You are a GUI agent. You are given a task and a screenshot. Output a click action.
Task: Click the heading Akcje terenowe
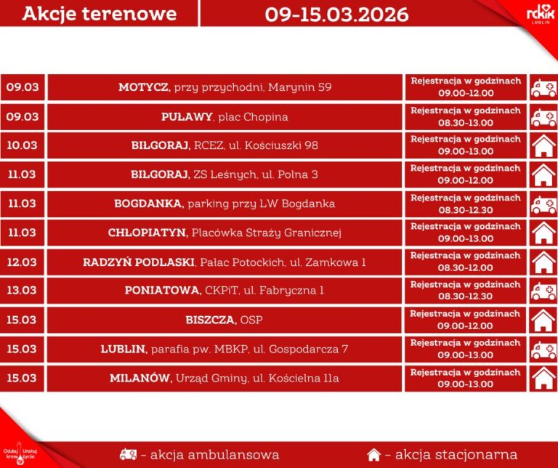pyautogui.click(x=99, y=14)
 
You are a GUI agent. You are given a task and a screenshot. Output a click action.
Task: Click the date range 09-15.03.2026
pyautogui.click(x=336, y=14)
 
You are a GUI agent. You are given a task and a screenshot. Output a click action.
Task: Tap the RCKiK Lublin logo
pyautogui.click(x=540, y=13)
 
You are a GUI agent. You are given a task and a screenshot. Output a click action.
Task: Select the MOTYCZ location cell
pyautogui.click(x=225, y=87)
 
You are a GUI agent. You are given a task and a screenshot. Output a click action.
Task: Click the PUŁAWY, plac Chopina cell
pyautogui.click(x=225, y=116)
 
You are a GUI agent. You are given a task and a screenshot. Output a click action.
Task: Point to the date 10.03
pyautogui.click(x=22, y=145)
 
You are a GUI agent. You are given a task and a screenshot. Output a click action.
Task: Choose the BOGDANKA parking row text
pyautogui.click(x=225, y=203)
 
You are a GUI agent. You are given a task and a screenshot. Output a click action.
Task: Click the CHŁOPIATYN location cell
pyautogui.click(x=225, y=233)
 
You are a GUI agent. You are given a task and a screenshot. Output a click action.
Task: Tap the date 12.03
pyautogui.click(x=22, y=262)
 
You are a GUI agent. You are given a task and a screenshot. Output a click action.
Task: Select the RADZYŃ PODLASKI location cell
pyautogui.click(x=225, y=262)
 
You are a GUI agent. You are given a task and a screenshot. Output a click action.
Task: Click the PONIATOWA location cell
pyautogui.click(x=225, y=291)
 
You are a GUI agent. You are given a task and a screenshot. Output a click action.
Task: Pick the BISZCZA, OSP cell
pyautogui.click(x=225, y=320)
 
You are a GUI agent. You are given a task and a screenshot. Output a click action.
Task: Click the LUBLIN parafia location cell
pyautogui.click(x=225, y=349)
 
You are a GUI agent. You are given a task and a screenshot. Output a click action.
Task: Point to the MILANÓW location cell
pyautogui.click(x=225, y=378)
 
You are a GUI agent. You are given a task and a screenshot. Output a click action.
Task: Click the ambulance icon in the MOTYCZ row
pyautogui.click(x=543, y=88)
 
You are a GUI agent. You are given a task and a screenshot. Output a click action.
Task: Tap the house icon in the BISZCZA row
pyautogui.click(x=543, y=320)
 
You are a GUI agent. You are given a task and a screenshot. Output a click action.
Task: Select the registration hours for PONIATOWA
pyautogui.click(x=466, y=291)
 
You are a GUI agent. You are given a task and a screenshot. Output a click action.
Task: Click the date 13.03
pyautogui.click(x=22, y=291)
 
